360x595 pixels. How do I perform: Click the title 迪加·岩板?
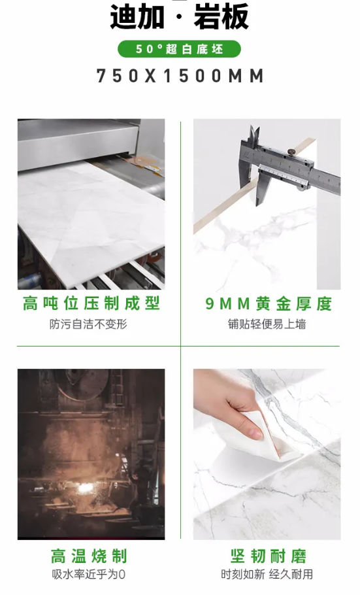coord(180,17)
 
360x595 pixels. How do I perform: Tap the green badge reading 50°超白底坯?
coord(179,49)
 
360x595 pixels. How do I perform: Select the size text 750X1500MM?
coord(180,76)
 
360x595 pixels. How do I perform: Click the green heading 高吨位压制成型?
coord(91,303)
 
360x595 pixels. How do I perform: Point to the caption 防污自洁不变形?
coord(88,324)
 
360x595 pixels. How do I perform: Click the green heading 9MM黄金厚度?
coord(269,303)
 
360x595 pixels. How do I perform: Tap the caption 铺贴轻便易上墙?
coord(267,324)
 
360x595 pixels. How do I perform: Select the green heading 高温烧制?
coord(89,556)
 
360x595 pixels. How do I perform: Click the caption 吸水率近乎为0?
coord(89,575)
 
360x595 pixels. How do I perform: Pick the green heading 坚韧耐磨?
coord(268,556)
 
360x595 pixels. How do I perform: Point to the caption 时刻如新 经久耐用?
coord(267,575)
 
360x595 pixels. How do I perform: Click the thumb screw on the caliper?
coord(291,152)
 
